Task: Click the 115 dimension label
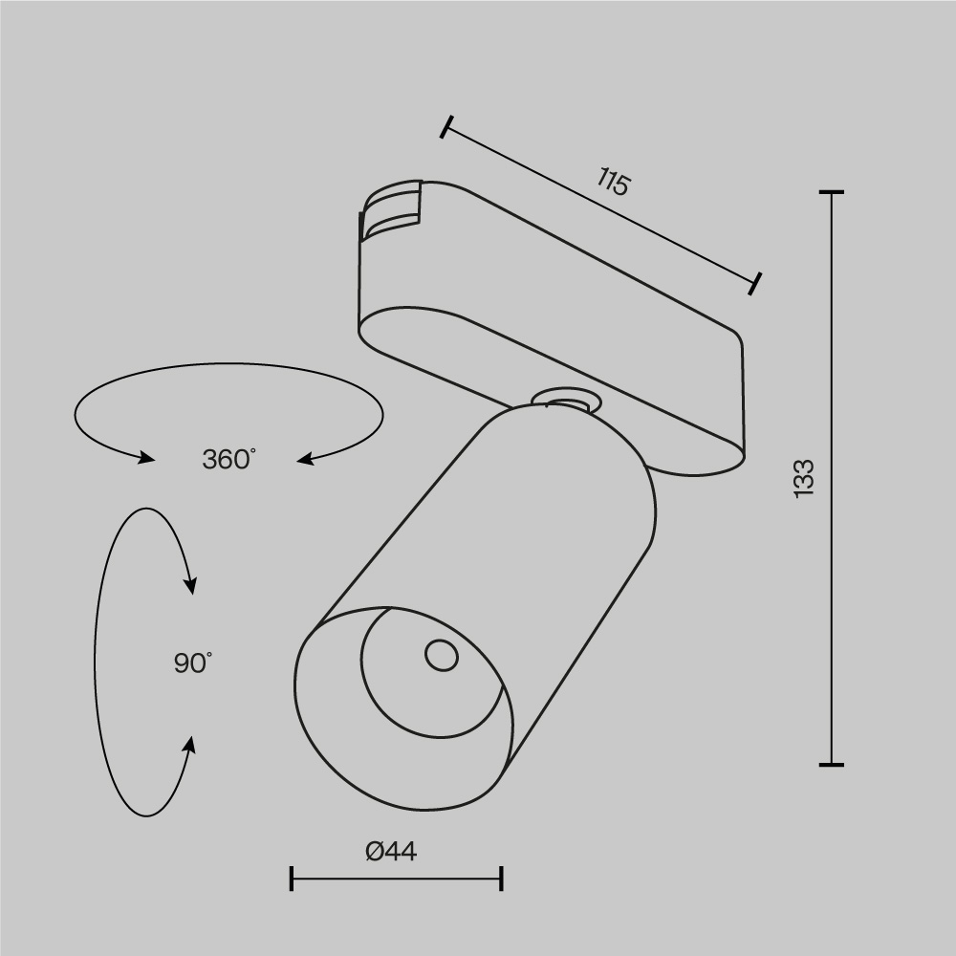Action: tap(614, 181)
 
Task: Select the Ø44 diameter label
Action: tap(392, 850)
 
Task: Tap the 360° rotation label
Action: tap(229, 459)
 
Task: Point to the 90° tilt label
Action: tap(193, 663)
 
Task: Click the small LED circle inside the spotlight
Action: tap(441, 655)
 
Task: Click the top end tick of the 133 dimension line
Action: tap(831, 192)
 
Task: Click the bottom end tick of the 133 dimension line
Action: tap(831, 765)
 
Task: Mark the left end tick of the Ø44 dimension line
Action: tap(292, 879)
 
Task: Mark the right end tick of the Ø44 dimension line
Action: tap(502, 879)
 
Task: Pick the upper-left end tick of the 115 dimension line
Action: tap(445, 127)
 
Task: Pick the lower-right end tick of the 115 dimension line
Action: tap(756, 283)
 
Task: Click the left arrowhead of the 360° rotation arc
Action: tap(146, 458)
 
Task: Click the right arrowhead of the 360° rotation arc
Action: tap(304, 461)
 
